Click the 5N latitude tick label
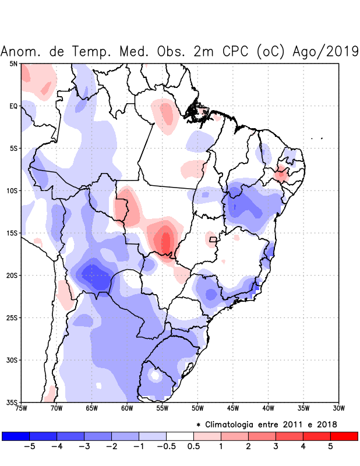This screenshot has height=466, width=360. click(13, 63)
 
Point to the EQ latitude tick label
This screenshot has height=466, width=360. click(13, 106)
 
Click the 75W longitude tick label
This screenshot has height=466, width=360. click(21, 408)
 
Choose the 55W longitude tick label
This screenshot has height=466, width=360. click(162, 408)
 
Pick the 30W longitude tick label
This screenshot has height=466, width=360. click(338, 408)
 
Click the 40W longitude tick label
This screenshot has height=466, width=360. click(268, 408)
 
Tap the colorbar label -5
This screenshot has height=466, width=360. click(29, 446)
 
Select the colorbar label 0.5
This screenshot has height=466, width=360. click(193, 446)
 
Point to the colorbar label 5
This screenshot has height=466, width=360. click(330, 446)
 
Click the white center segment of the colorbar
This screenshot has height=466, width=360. click(179, 436)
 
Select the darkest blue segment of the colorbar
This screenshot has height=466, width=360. click(16, 436)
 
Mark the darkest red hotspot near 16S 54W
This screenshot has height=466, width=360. click(166, 242)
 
